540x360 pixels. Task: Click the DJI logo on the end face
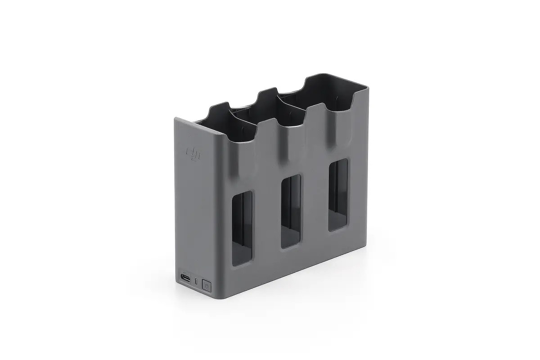(x=194, y=153)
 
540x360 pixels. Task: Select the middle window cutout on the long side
(x=291, y=211)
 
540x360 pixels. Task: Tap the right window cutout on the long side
(x=338, y=194)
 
